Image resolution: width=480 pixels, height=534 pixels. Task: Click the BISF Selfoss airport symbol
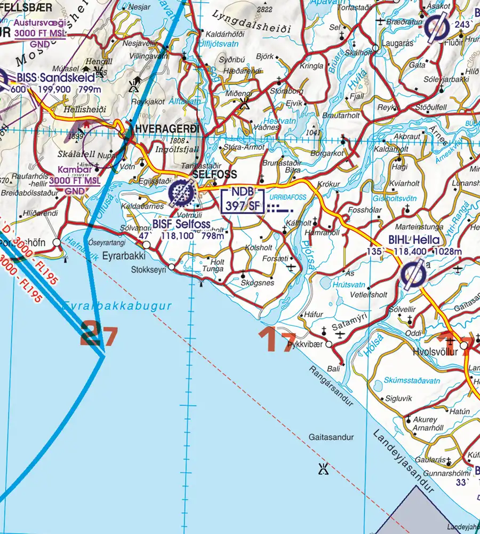click(181, 194)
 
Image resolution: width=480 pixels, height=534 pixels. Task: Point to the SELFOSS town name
click(214, 175)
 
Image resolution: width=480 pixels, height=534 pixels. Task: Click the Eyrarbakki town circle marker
click(147, 245)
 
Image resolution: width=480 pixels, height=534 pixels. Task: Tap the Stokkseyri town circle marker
click(172, 266)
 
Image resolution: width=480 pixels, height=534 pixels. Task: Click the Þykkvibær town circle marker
click(329, 344)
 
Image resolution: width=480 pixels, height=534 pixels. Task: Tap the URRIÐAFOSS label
click(291, 197)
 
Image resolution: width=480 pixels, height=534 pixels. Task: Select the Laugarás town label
click(395, 54)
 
